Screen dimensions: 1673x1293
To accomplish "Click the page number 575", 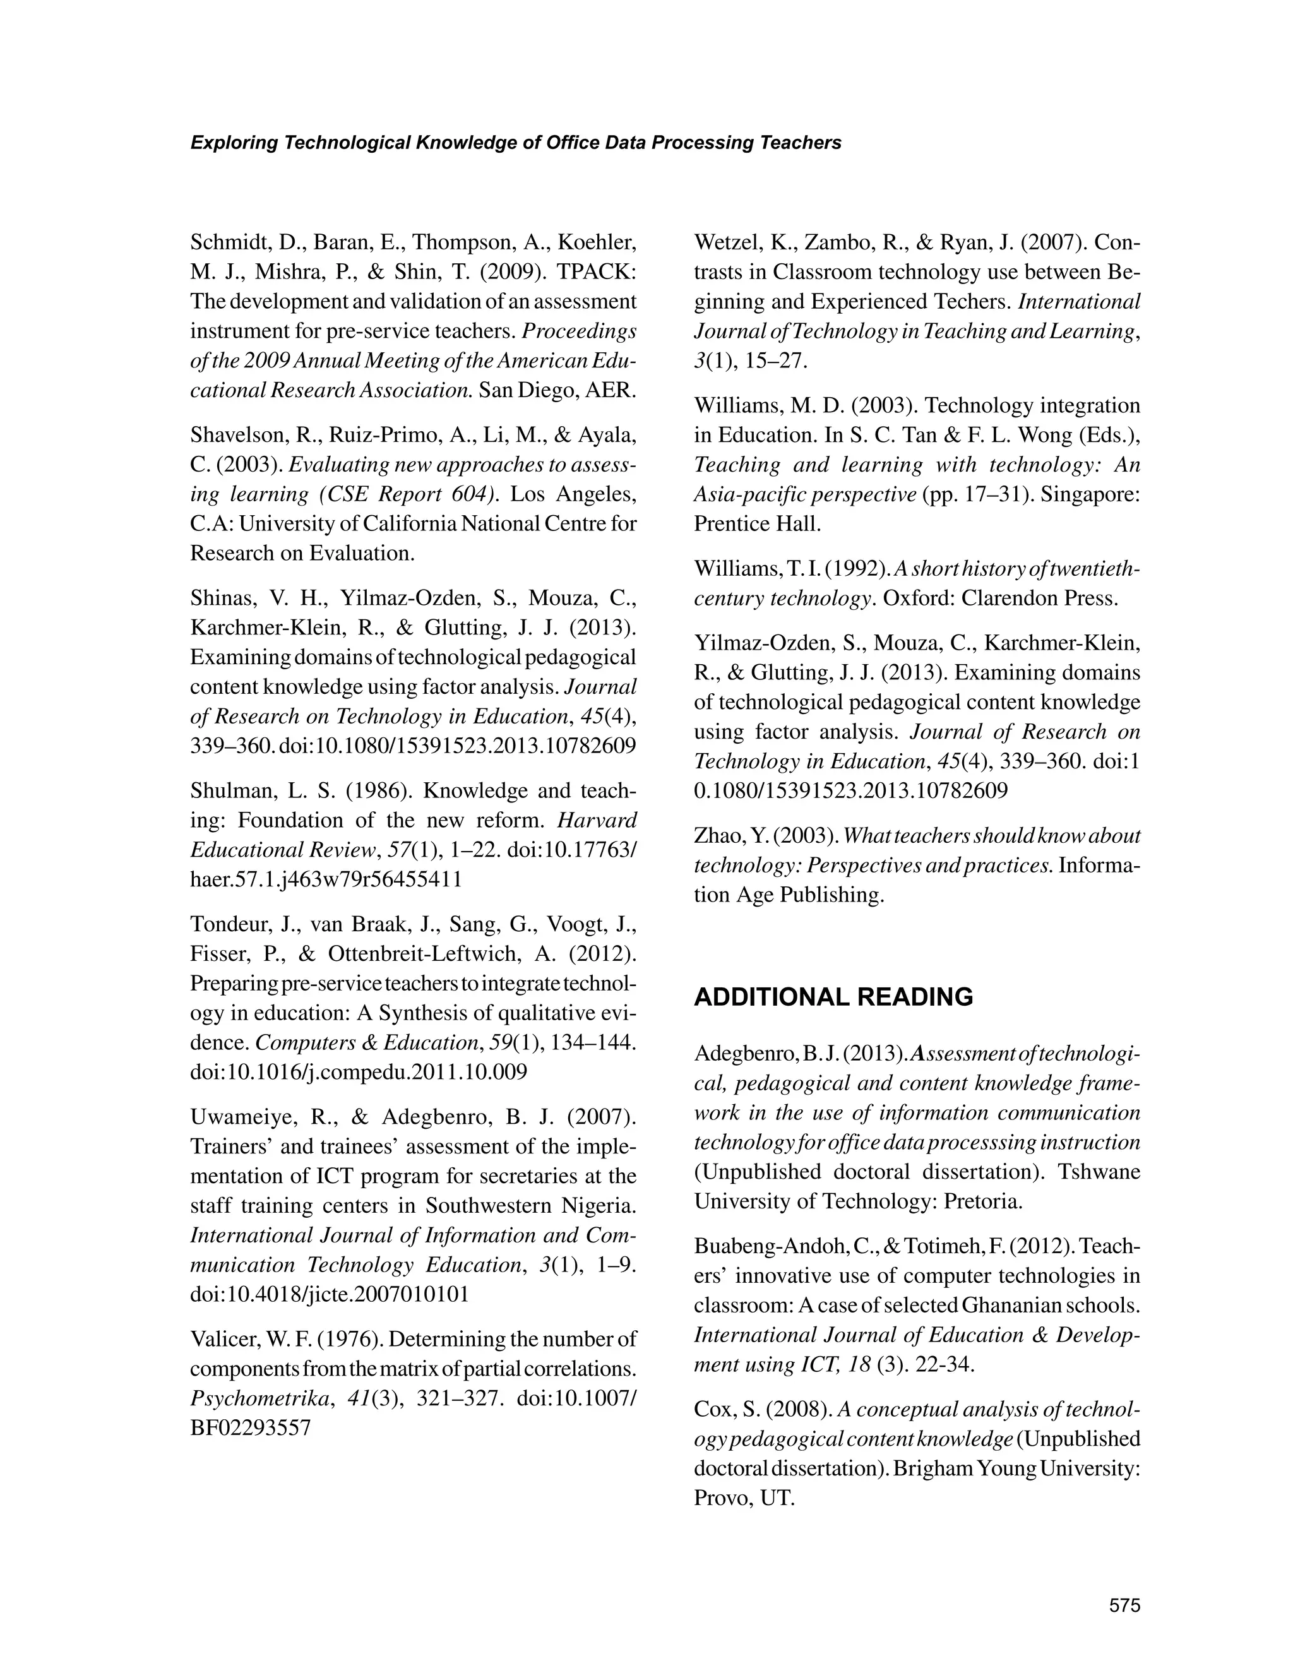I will [x=1124, y=1604].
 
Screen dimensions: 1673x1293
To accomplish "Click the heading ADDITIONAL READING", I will [x=833, y=997].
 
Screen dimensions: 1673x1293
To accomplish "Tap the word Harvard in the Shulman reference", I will [x=597, y=821].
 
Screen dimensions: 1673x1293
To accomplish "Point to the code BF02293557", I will [x=251, y=1428].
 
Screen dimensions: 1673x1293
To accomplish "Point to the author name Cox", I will [x=712, y=1410].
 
